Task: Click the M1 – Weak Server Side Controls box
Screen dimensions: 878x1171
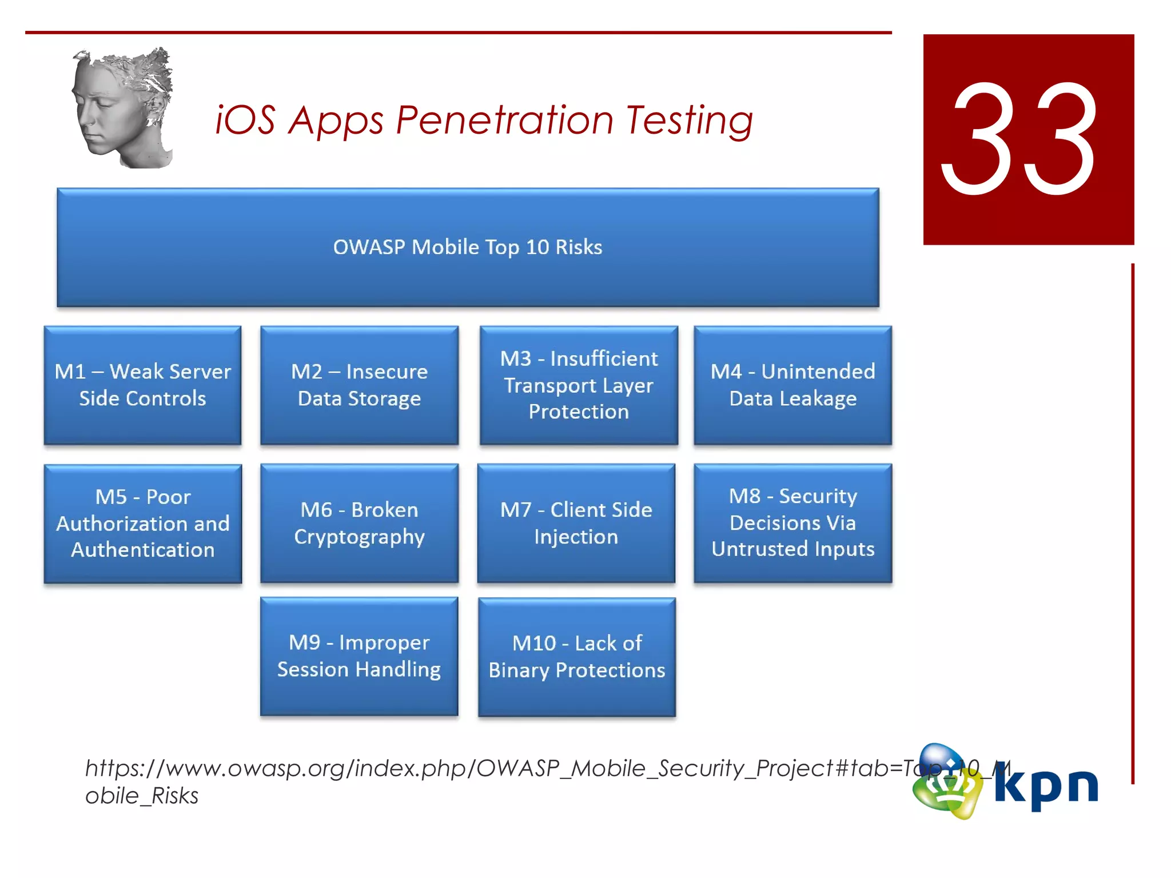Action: pyautogui.click(x=142, y=385)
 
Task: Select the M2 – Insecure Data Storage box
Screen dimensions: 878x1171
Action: pyautogui.click(x=359, y=385)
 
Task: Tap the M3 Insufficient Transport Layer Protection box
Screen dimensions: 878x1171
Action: pyautogui.click(x=579, y=385)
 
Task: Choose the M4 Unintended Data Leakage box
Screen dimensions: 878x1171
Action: pyautogui.click(x=792, y=385)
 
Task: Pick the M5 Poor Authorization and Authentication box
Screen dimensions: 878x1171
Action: pyautogui.click(x=142, y=523)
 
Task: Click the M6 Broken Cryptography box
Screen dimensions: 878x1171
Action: pyautogui.click(x=359, y=523)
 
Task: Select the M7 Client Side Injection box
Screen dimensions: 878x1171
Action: pyautogui.click(x=576, y=523)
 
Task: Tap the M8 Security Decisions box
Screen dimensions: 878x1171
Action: pyautogui.click(x=792, y=523)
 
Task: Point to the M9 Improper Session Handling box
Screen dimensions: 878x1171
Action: pyautogui.click(x=359, y=656)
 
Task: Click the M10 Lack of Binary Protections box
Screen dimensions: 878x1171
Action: pyautogui.click(x=576, y=657)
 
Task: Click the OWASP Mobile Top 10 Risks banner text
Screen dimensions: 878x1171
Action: pyautogui.click(x=467, y=248)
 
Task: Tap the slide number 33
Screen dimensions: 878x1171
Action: pyautogui.click(x=1021, y=140)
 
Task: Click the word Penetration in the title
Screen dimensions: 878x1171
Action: pyautogui.click(x=504, y=121)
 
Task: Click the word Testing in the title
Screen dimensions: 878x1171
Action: pyautogui.click(x=689, y=121)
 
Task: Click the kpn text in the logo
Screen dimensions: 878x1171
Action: pyautogui.click(x=1046, y=786)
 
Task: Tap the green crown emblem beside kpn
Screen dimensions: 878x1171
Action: pyautogui.click(x=946, y=783)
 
